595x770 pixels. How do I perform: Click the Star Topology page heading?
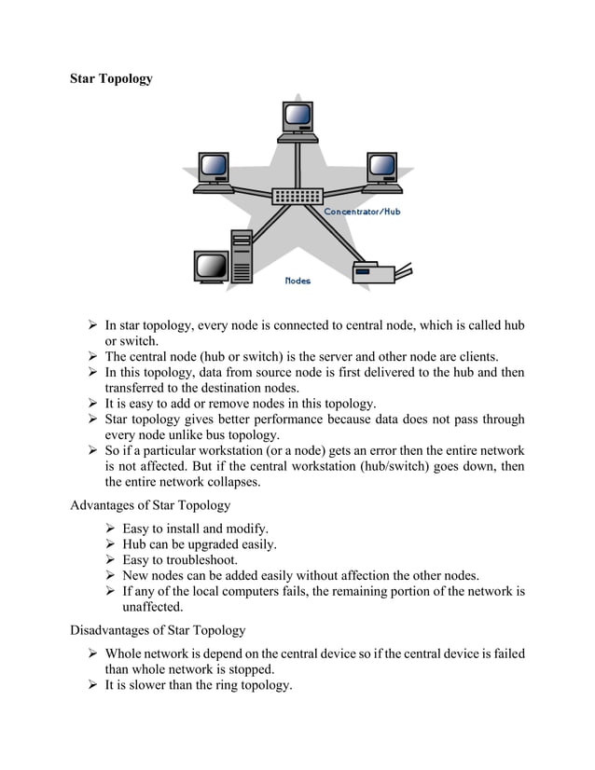pos(111,78)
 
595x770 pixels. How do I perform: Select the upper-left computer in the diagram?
pos(214,172)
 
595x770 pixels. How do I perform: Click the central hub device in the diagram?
pos(297,197)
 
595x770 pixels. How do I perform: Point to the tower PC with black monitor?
pos(223,258)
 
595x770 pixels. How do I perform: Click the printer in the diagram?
pos(378,271)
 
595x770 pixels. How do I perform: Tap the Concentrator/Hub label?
pos(362,212)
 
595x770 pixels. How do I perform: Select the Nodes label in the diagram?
pos(297,280)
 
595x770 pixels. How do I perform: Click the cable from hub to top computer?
pos(297,164)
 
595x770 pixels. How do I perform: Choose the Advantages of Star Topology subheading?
pos(150,505)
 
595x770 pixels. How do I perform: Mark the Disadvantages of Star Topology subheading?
pos(159,630)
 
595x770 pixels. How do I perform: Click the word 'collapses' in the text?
pos(230,482)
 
